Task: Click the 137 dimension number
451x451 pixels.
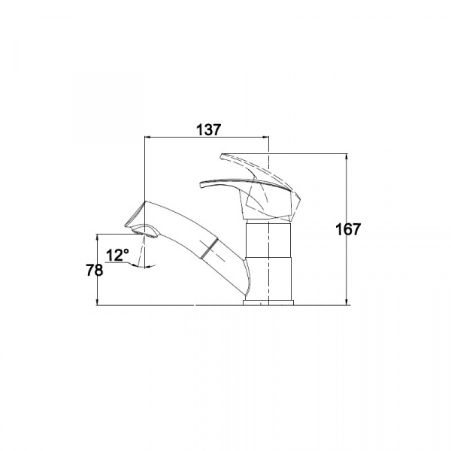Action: pyautogui.click(x=209, y=130)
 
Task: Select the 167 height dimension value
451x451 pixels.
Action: pyautogui.click(x=348, y=229)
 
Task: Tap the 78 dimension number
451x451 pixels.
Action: pyautogui.click(x=95, y=270)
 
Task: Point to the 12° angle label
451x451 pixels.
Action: pyautogui.click(x=117, y=255)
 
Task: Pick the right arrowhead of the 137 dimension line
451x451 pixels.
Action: pyautogui.click(x=265, y=138)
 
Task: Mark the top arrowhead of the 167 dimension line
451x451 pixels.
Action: pyautogui.click(x=347, y=157)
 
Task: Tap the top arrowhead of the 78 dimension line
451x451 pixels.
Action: pyautogui.click(x=97, y=238)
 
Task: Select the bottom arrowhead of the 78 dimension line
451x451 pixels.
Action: pyautogui.click(x=97, y=301)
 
